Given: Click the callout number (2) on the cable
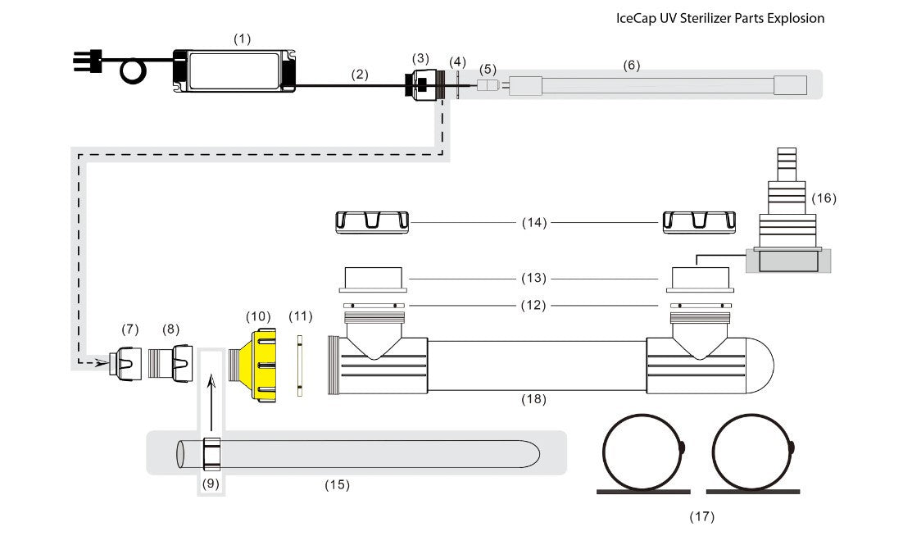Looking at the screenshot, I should [360, 74].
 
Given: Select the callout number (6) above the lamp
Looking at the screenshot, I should [631, 65].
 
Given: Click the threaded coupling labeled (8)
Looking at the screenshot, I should [170, 361].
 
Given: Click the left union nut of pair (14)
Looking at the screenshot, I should [372, 222].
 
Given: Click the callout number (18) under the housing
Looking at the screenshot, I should [534, 399].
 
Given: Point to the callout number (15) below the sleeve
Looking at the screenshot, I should [337, 484].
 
